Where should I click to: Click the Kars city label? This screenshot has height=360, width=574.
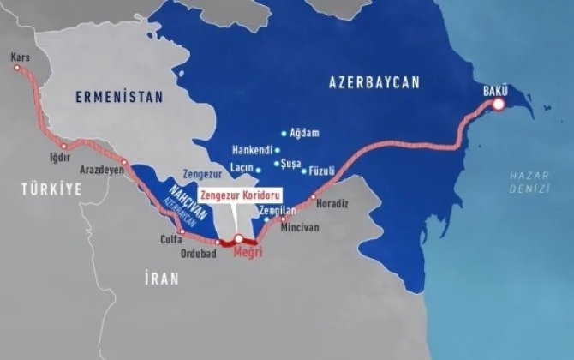click(x=20, y=57)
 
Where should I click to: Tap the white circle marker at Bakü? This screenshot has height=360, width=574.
click(x=498, y=105)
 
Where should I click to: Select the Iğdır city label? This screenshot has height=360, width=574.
click(x=57, y=159)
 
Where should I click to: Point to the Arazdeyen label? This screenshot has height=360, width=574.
click(x=101, y=170)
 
